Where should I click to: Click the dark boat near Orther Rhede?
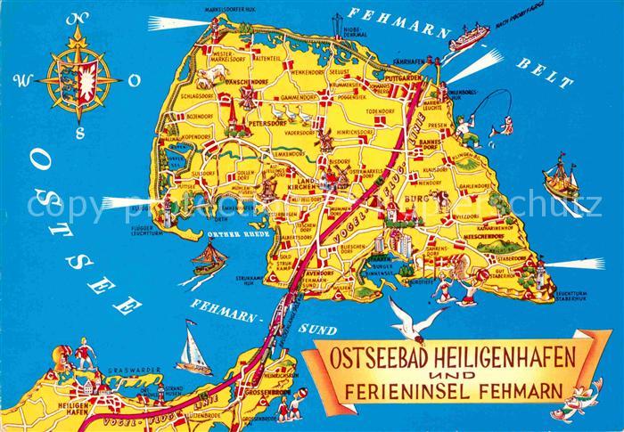(x=208, y=259)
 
